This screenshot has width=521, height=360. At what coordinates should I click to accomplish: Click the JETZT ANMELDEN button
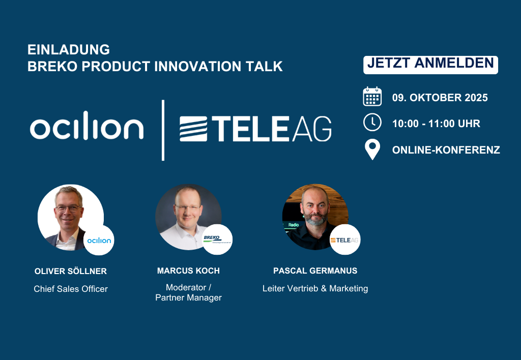point(430,65)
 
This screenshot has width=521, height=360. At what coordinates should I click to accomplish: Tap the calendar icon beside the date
point(372,96)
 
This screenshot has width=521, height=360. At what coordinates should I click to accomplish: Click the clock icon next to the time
point(372,122)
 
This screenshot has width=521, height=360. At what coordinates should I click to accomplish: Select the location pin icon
point(372,149)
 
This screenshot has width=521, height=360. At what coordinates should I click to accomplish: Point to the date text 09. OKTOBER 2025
point(440,98)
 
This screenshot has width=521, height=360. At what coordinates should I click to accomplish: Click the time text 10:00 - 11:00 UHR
point(436,124)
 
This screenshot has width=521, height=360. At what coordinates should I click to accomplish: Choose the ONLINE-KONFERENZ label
point(446,150)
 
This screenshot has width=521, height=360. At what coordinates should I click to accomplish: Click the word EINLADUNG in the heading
point(69,49)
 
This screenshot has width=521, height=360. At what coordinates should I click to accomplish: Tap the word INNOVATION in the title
point(198,66)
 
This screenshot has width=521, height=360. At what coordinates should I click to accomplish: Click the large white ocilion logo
point(86,125)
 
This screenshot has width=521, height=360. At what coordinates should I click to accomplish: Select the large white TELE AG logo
point(255,129)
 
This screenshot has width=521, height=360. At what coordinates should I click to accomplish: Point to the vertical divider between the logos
point(163,130)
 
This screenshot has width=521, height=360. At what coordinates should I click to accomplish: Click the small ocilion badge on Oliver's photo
point(99,240)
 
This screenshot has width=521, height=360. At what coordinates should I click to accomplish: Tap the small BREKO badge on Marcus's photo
point(217,239)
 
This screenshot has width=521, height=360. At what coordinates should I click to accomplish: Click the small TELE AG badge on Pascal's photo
point(345,239)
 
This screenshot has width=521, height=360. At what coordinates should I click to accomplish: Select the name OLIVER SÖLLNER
point(70,271)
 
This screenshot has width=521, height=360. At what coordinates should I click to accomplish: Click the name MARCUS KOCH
point(188,271)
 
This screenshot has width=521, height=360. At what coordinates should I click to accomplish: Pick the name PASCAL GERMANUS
point(315,271)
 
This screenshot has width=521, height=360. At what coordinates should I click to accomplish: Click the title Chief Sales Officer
point(71,289)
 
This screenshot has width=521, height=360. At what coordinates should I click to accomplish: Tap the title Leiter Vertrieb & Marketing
point(315,288)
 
